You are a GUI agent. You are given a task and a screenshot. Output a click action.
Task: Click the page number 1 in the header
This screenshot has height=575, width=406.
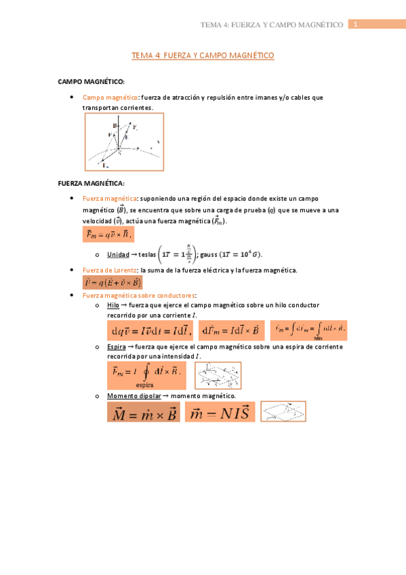(x=353, y=24)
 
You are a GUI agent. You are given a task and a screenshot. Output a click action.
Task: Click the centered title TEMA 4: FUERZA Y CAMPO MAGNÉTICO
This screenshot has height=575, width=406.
(x=203, y=56)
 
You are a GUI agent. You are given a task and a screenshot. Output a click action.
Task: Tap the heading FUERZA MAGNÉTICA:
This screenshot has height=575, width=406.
(x=92, y=183)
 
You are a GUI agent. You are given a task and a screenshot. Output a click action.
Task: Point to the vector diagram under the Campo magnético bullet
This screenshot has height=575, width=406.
(x=123, y=142)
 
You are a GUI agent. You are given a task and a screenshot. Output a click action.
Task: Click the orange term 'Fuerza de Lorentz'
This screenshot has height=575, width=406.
(x=109, y=270)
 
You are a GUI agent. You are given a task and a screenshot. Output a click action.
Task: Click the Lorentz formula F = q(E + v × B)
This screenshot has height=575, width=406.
(x=113, y=283)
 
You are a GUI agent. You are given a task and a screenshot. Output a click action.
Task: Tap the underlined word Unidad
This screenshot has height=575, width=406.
(x=118, y=254)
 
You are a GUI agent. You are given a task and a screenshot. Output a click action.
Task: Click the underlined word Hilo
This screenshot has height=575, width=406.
(x=113, y=306)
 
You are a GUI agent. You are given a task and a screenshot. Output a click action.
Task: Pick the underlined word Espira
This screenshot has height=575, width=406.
(x=117, y=347)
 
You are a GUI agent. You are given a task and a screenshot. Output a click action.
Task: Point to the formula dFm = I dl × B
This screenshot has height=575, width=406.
(x=231, y=330)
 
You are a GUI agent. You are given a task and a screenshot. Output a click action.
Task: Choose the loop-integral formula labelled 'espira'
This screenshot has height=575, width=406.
(x=146, y=374)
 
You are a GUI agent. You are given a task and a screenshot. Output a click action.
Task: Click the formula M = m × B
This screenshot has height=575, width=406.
(x=144, y=413)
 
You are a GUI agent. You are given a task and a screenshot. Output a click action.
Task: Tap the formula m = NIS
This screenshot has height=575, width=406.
(x=220, y=412)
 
